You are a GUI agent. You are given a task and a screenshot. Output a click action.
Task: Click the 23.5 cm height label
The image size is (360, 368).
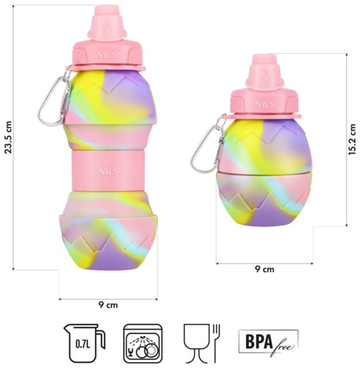(8, 138)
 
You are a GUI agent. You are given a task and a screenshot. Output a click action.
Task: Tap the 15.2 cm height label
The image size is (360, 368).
(352, 139)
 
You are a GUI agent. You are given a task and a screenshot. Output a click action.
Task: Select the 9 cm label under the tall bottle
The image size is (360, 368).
(108, 305)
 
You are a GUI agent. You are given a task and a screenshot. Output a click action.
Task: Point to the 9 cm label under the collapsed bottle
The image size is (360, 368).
(264, 269)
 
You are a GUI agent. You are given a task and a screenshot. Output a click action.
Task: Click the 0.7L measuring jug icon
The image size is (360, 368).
(85, 343)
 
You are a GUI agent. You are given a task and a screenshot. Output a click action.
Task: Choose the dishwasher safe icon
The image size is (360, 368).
(143, 344)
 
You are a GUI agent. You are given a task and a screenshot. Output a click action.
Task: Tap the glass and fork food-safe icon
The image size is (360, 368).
(202, 343)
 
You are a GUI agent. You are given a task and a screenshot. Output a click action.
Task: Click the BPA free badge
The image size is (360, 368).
(269, 342)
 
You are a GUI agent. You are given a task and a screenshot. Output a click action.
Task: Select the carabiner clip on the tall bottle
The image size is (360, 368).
(54, 101)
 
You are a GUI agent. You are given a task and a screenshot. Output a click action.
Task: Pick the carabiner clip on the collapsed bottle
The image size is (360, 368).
(208, 145)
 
